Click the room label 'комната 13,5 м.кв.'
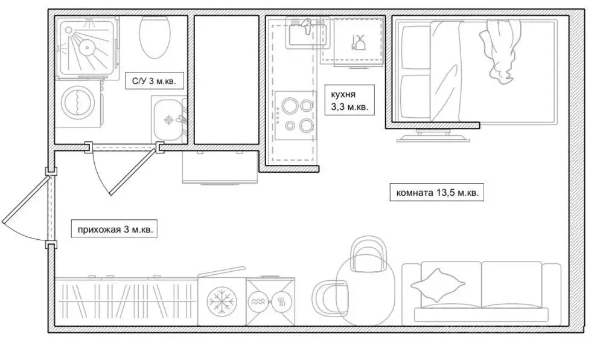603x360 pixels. point(436,193)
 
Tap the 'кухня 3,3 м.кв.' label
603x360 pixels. point(349,101)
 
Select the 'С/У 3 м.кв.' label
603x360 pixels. point(154,81)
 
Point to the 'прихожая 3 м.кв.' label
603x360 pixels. point(115,230)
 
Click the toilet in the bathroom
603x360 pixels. point(155,37)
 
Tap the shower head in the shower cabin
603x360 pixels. point(88,47)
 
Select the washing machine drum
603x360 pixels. point(78,103)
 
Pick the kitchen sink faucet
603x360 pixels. point(306,25)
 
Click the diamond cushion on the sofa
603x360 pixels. point(437,285)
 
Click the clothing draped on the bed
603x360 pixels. point(499,51)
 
